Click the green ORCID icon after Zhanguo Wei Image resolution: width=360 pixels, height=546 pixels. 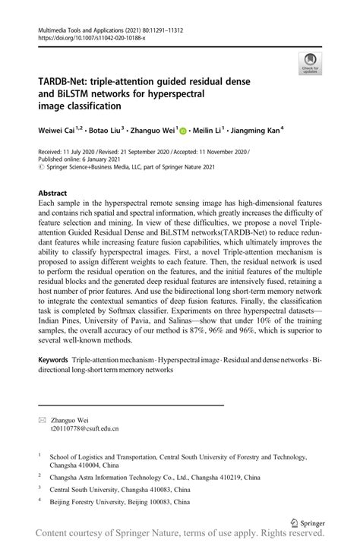click(183, 131)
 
